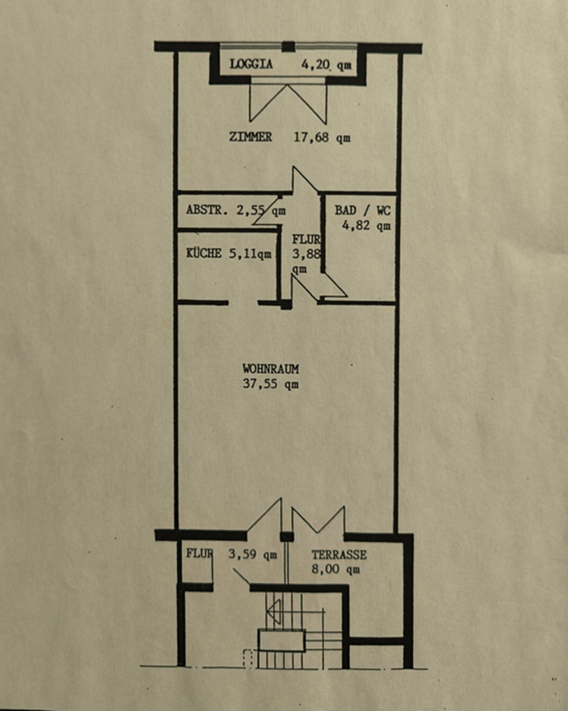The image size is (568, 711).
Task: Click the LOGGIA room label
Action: tap(251, 64)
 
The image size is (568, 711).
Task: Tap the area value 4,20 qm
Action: tap(326, 65)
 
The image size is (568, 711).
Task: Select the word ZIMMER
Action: tap(250, 137)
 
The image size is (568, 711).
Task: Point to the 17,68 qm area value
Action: tap(322, 138)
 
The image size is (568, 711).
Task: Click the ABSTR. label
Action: tap(205, 210)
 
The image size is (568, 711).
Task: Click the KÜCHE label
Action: tap(203, 253)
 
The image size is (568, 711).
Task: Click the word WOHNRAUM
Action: tap(270, 370)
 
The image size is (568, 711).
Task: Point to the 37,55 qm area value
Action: tap(270, 385)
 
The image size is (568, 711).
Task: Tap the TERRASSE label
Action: tap(339, 555)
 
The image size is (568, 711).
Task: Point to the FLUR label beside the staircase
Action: tap(200, 554)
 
